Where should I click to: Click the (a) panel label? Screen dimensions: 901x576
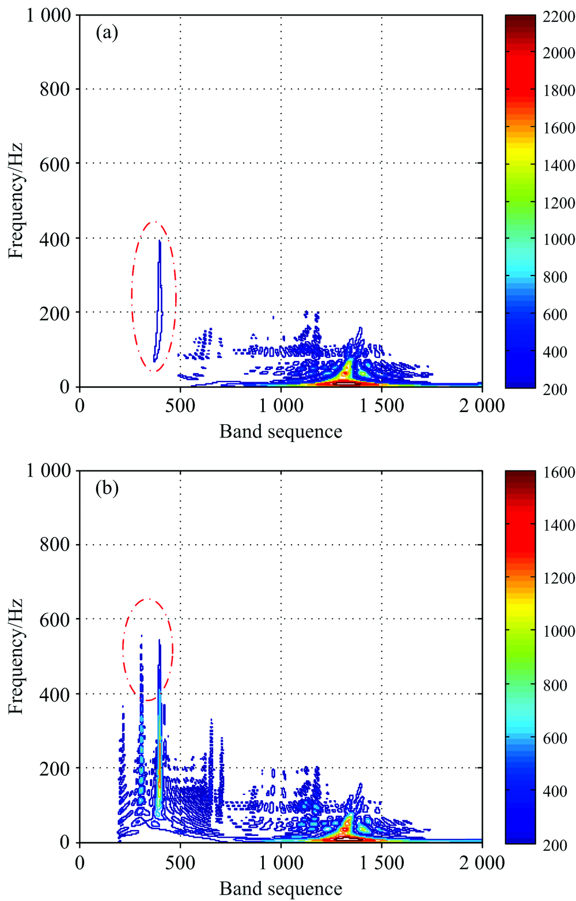tap(107, 33)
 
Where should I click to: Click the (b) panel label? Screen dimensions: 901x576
tap(107, 488)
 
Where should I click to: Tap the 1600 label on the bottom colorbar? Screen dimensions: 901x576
tap(559, 472)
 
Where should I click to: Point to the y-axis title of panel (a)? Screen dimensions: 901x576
tap(16, 200)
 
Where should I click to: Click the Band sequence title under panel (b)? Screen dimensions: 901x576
tap(281, 888)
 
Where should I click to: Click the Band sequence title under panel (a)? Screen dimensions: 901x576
tap(281, 431)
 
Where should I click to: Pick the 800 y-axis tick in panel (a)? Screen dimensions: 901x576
tap(55, 89)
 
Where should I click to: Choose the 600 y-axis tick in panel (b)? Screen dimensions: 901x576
tap(55, 620)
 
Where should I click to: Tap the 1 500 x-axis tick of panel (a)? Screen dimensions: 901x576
tap(381, 406)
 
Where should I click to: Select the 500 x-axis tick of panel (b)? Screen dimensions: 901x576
tap(180, 862)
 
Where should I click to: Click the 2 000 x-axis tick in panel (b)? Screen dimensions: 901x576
tap(482, 862)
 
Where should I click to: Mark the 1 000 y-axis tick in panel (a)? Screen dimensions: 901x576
tap(48, 15)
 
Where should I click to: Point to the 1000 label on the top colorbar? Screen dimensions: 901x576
tap(559, 240)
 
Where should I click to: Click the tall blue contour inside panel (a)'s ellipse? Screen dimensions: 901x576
tap(160, 300)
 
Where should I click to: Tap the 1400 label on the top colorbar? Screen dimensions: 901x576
tap(559, 165)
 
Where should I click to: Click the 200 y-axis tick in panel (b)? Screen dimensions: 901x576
tap(55, 768)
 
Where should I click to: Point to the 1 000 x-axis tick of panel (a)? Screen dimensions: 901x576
tap(281, 406)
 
